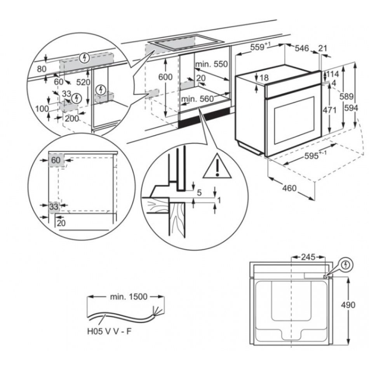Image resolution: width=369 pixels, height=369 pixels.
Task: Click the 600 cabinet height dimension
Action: click(x=165, y=77)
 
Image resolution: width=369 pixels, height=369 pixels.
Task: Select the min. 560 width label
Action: click(x=198, y=99)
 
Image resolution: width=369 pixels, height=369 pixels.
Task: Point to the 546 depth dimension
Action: click(x=301, y=49)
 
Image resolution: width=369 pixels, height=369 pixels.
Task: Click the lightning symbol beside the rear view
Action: click(x=346, y=266)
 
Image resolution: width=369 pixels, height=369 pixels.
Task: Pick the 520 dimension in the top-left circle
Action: click(x=83, y=82)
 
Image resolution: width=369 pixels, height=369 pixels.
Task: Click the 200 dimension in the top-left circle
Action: click(x=71, y=118)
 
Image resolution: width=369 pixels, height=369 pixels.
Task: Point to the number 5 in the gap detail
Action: click(x=199, y=192)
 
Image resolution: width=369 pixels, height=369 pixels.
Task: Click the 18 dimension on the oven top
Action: click(x=264, y=78)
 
